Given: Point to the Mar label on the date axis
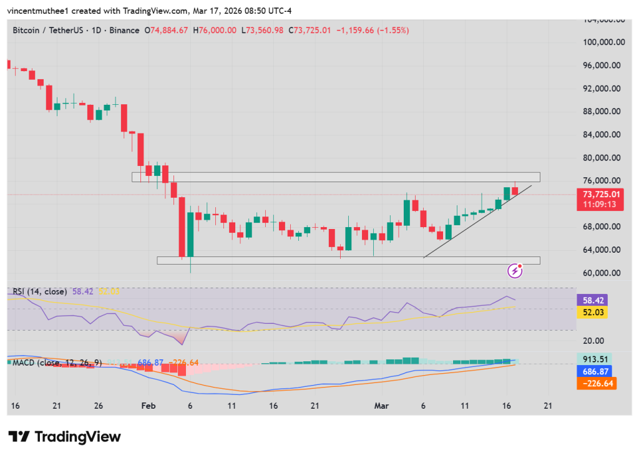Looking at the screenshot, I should point(381,406).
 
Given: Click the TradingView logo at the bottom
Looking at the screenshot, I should point(64,437).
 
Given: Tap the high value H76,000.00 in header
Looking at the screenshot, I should point(215,30).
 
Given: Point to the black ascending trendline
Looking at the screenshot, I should point(478,221).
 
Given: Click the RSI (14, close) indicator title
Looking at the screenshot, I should point(39,291).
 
